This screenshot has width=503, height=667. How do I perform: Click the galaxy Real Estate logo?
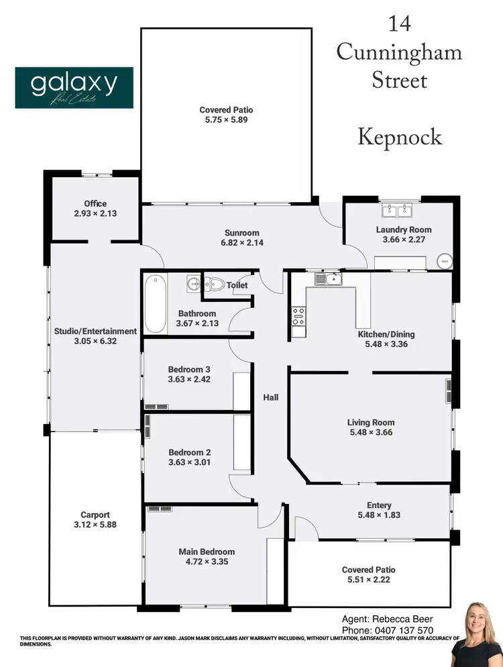point(74,87)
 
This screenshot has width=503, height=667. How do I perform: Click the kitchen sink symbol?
point(329,278)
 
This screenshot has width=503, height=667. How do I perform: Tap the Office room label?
point(95,204)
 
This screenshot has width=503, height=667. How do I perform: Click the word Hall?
point(271,397)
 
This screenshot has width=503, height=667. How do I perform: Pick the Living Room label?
point(370,423)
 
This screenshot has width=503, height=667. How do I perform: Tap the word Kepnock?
point(399,137)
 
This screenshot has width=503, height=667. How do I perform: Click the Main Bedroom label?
point(207,552)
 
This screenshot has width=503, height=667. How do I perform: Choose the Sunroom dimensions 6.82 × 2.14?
point(243,242)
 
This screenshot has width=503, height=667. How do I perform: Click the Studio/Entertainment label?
point(95,331)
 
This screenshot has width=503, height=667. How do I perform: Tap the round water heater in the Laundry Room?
point(444,260)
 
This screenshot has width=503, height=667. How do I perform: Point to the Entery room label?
point(379,505)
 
